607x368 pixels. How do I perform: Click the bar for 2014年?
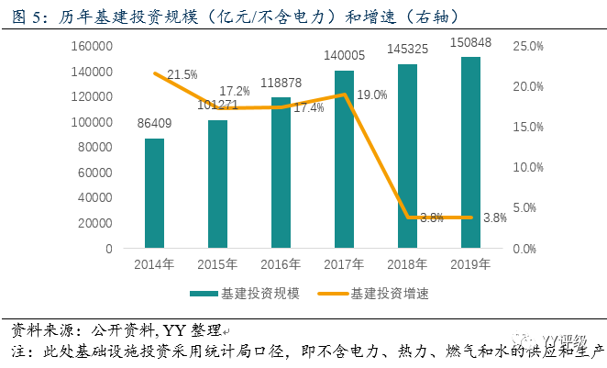(154, 193)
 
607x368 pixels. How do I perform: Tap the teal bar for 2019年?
(470, 152)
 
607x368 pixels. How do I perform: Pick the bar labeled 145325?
(407, 156)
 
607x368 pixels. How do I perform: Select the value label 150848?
(470, 42)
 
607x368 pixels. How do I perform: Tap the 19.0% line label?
(370, 93)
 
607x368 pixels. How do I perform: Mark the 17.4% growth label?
(306, 108)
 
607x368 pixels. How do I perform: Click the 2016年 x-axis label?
(281, 266)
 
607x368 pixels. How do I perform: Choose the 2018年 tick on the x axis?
(407, 266)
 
